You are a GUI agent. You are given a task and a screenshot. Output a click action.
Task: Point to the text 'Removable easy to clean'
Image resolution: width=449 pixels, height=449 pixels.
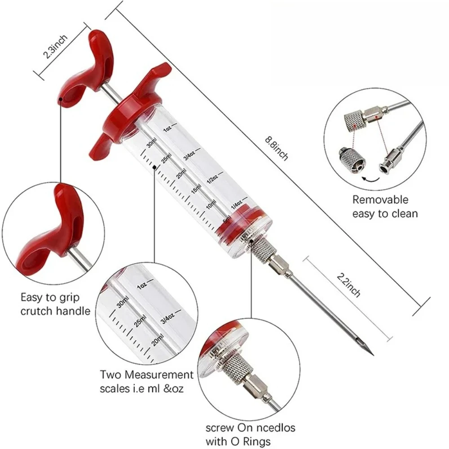[384, 206]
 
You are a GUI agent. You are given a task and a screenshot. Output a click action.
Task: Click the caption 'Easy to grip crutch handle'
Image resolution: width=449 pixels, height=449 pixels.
[55, 304]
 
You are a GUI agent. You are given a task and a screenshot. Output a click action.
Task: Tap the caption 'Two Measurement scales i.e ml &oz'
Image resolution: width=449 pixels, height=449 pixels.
[146, 381]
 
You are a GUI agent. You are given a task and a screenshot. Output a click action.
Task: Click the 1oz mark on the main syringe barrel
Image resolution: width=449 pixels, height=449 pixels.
[167, 129]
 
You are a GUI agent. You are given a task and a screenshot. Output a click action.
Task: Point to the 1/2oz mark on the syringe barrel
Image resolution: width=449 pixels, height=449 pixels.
[212, 179]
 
